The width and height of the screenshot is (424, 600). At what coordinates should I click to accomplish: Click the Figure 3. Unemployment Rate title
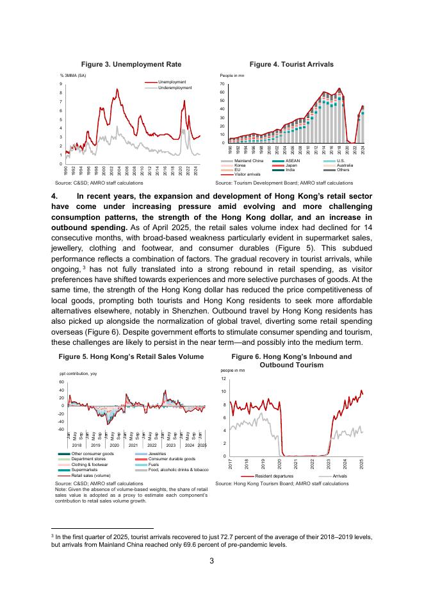click(x=131, y=65)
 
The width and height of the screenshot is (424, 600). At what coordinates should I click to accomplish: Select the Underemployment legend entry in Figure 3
click(x=174, y=87)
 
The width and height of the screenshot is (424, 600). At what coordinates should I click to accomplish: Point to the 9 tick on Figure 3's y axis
click(x=60, y=84)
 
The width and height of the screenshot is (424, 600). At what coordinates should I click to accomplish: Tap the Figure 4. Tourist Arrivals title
click(x=291, y=65)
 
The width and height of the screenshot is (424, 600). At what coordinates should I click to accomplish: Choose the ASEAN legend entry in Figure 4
click(x=293, y=160)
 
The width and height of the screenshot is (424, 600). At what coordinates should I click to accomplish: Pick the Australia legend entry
click(x=345, y=165)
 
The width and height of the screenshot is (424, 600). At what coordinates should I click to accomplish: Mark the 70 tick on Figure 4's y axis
click(x=222, y=84)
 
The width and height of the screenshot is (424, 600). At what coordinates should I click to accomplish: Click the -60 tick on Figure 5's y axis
click(x=61, y=429)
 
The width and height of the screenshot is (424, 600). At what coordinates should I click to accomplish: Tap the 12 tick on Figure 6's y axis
click(x=223, y=378)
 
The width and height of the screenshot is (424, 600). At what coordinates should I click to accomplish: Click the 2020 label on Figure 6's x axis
click(x=280, y=463)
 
